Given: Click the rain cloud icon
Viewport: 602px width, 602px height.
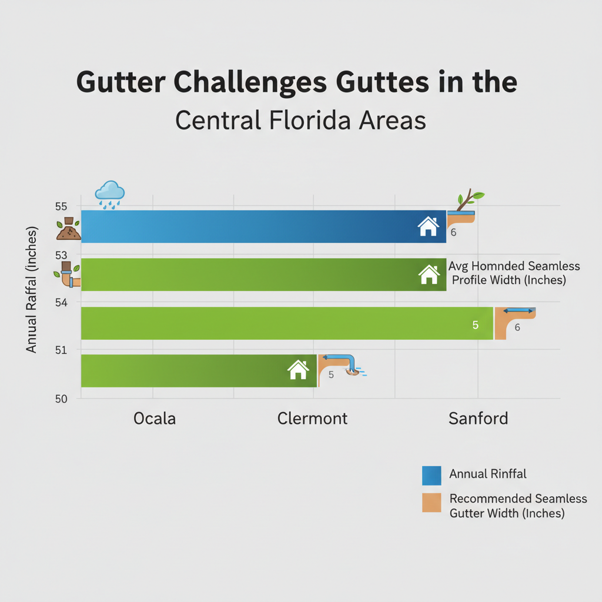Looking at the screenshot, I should pos(110,193).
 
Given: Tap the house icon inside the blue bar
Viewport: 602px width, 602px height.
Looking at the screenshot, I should pos(428,226).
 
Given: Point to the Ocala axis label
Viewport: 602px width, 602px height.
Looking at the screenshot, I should pos(155,419).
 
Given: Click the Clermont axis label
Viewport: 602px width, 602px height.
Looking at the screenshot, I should pos(312,419).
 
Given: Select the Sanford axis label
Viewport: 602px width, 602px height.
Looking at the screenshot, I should pos(478,419).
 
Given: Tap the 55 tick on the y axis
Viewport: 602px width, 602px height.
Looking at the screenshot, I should pos(62,206).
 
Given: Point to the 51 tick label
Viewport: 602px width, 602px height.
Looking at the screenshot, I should pos(62,350).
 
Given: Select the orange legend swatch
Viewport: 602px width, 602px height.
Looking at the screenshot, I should pos(432,503).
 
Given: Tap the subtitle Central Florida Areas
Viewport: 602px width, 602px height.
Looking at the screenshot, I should pos(300,120).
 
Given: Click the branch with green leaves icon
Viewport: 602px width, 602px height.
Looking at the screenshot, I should pos(470,200).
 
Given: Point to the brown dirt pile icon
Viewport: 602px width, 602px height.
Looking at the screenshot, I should pos(68,229).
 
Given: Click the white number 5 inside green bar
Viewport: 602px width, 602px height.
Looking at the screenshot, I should pos(476,325).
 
